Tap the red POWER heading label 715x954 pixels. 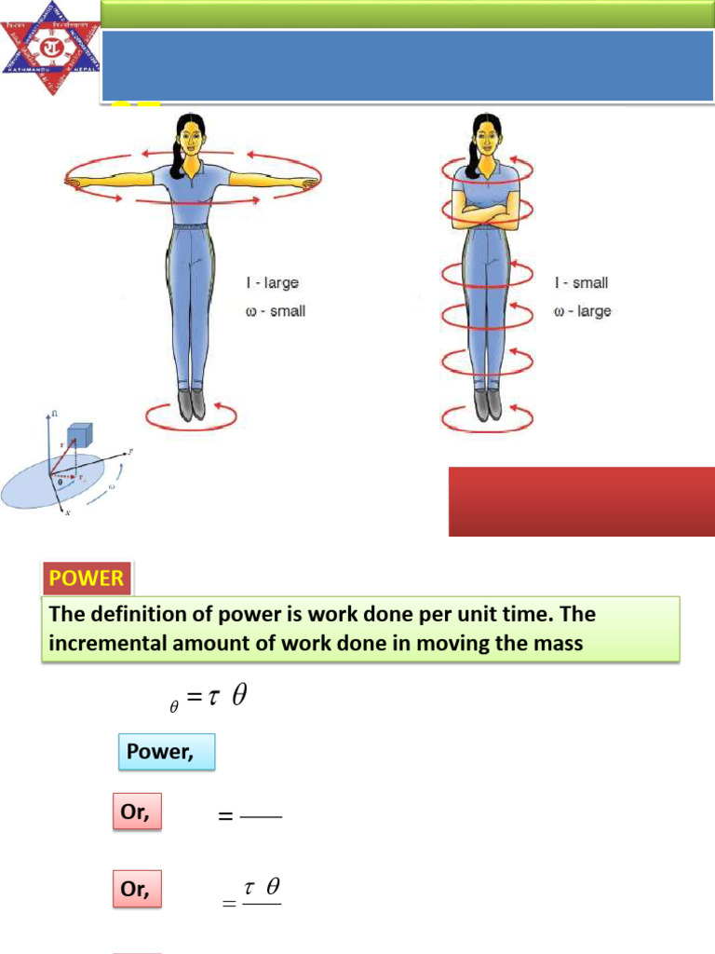(87, 578)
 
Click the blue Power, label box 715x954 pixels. (167, 752)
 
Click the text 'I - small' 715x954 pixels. (581, 282)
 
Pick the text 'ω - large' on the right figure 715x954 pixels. (582, 311)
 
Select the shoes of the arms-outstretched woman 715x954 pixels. (191, 404)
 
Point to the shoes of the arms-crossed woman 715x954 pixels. (487, 404)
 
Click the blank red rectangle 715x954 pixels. (581, 501)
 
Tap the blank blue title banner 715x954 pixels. (408, 65)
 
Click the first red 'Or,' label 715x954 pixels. (136, 812)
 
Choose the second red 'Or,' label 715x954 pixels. (136, 890)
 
